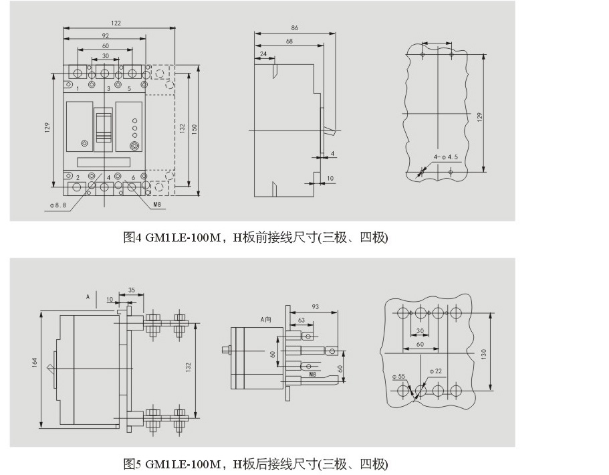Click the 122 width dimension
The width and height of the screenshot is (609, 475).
[116, 23]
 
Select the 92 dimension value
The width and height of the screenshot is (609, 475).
[106, 35]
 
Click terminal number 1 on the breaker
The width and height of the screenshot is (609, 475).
[78, 88]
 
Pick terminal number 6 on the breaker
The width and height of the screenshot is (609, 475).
[134, 177]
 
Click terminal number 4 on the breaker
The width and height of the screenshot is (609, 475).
[108, 177]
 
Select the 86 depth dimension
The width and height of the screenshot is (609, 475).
[295, 28]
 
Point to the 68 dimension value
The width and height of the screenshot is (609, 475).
[289, 41]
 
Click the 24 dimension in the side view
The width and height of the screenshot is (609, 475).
[263, 54]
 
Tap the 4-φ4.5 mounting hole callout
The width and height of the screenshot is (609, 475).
[447, 157]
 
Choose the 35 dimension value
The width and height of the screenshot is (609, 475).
[131, 290]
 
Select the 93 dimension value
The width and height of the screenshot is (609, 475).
[315, 307]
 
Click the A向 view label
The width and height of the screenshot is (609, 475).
[267, 318]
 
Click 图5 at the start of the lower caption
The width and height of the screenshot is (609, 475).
[131, 464]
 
